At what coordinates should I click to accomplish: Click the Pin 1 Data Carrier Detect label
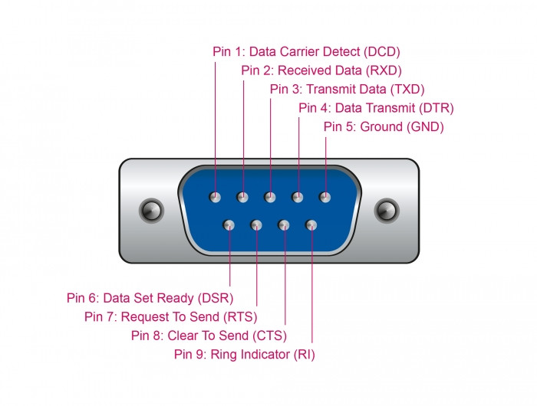tap(306, 51)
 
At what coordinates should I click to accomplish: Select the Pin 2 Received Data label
tap(321, 70)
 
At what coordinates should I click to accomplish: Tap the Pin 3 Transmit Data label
tap(347, 90)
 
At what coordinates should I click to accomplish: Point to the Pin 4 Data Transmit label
tap(376, 108)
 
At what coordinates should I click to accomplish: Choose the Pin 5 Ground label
tap(384, 127)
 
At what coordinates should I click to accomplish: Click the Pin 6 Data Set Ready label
tap(150, 298)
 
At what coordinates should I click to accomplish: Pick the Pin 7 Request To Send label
tap(171, 316)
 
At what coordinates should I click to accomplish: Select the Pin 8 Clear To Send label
tap(209, 336)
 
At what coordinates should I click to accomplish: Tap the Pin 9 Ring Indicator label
tap(245, 355)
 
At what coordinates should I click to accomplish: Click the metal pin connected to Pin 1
tap(215, 197)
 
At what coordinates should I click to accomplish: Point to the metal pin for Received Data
tap(242, 197)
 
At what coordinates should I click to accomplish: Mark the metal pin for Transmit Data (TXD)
tap(270, 197)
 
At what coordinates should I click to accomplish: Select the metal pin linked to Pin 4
tap(298, 197)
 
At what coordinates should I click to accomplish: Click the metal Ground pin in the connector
tap(325, 197)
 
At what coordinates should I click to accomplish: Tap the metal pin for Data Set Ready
tap(229, 225)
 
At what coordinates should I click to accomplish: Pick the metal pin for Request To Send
tap(256, 225)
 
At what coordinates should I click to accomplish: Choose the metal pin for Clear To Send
tap(284, 225)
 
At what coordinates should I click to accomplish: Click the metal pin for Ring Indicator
tap(311, 225)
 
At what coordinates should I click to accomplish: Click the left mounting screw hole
tap(151, 211)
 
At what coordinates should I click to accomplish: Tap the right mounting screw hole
tap(387, 211)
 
